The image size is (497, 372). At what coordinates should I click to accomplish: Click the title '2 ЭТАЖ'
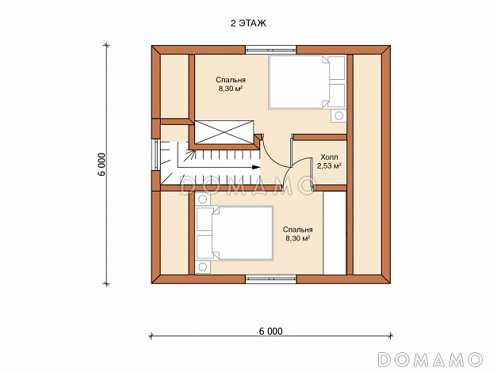point(248,24)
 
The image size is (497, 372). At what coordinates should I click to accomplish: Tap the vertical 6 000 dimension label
point(101,165)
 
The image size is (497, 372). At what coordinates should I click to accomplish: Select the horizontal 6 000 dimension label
point(270,331)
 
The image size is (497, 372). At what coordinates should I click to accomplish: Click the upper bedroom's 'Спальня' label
point(231,80)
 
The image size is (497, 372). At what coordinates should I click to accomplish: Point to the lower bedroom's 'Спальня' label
point(297,230)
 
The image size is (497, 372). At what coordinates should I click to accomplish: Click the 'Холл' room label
point(329,157)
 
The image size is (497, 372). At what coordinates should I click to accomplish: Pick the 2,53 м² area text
point(329,165)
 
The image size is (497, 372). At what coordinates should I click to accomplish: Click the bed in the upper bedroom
point(307,82)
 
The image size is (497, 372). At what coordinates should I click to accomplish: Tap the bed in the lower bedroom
point(235,233)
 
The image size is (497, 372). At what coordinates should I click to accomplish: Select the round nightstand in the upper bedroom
point(338,116)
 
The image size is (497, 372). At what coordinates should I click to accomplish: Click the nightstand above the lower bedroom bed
point(203,199)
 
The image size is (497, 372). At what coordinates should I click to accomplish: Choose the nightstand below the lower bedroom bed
point(203,268)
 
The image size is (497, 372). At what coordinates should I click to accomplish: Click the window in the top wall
point(270,50)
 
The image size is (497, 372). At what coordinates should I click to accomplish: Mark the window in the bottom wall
point(271,279)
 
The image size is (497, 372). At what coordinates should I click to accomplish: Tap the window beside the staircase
point(156,155)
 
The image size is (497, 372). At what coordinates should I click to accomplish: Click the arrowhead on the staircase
point(256,167)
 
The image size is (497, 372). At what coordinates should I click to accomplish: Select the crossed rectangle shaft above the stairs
point(224,132)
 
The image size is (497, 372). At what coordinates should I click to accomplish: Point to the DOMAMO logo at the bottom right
point(430,359)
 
